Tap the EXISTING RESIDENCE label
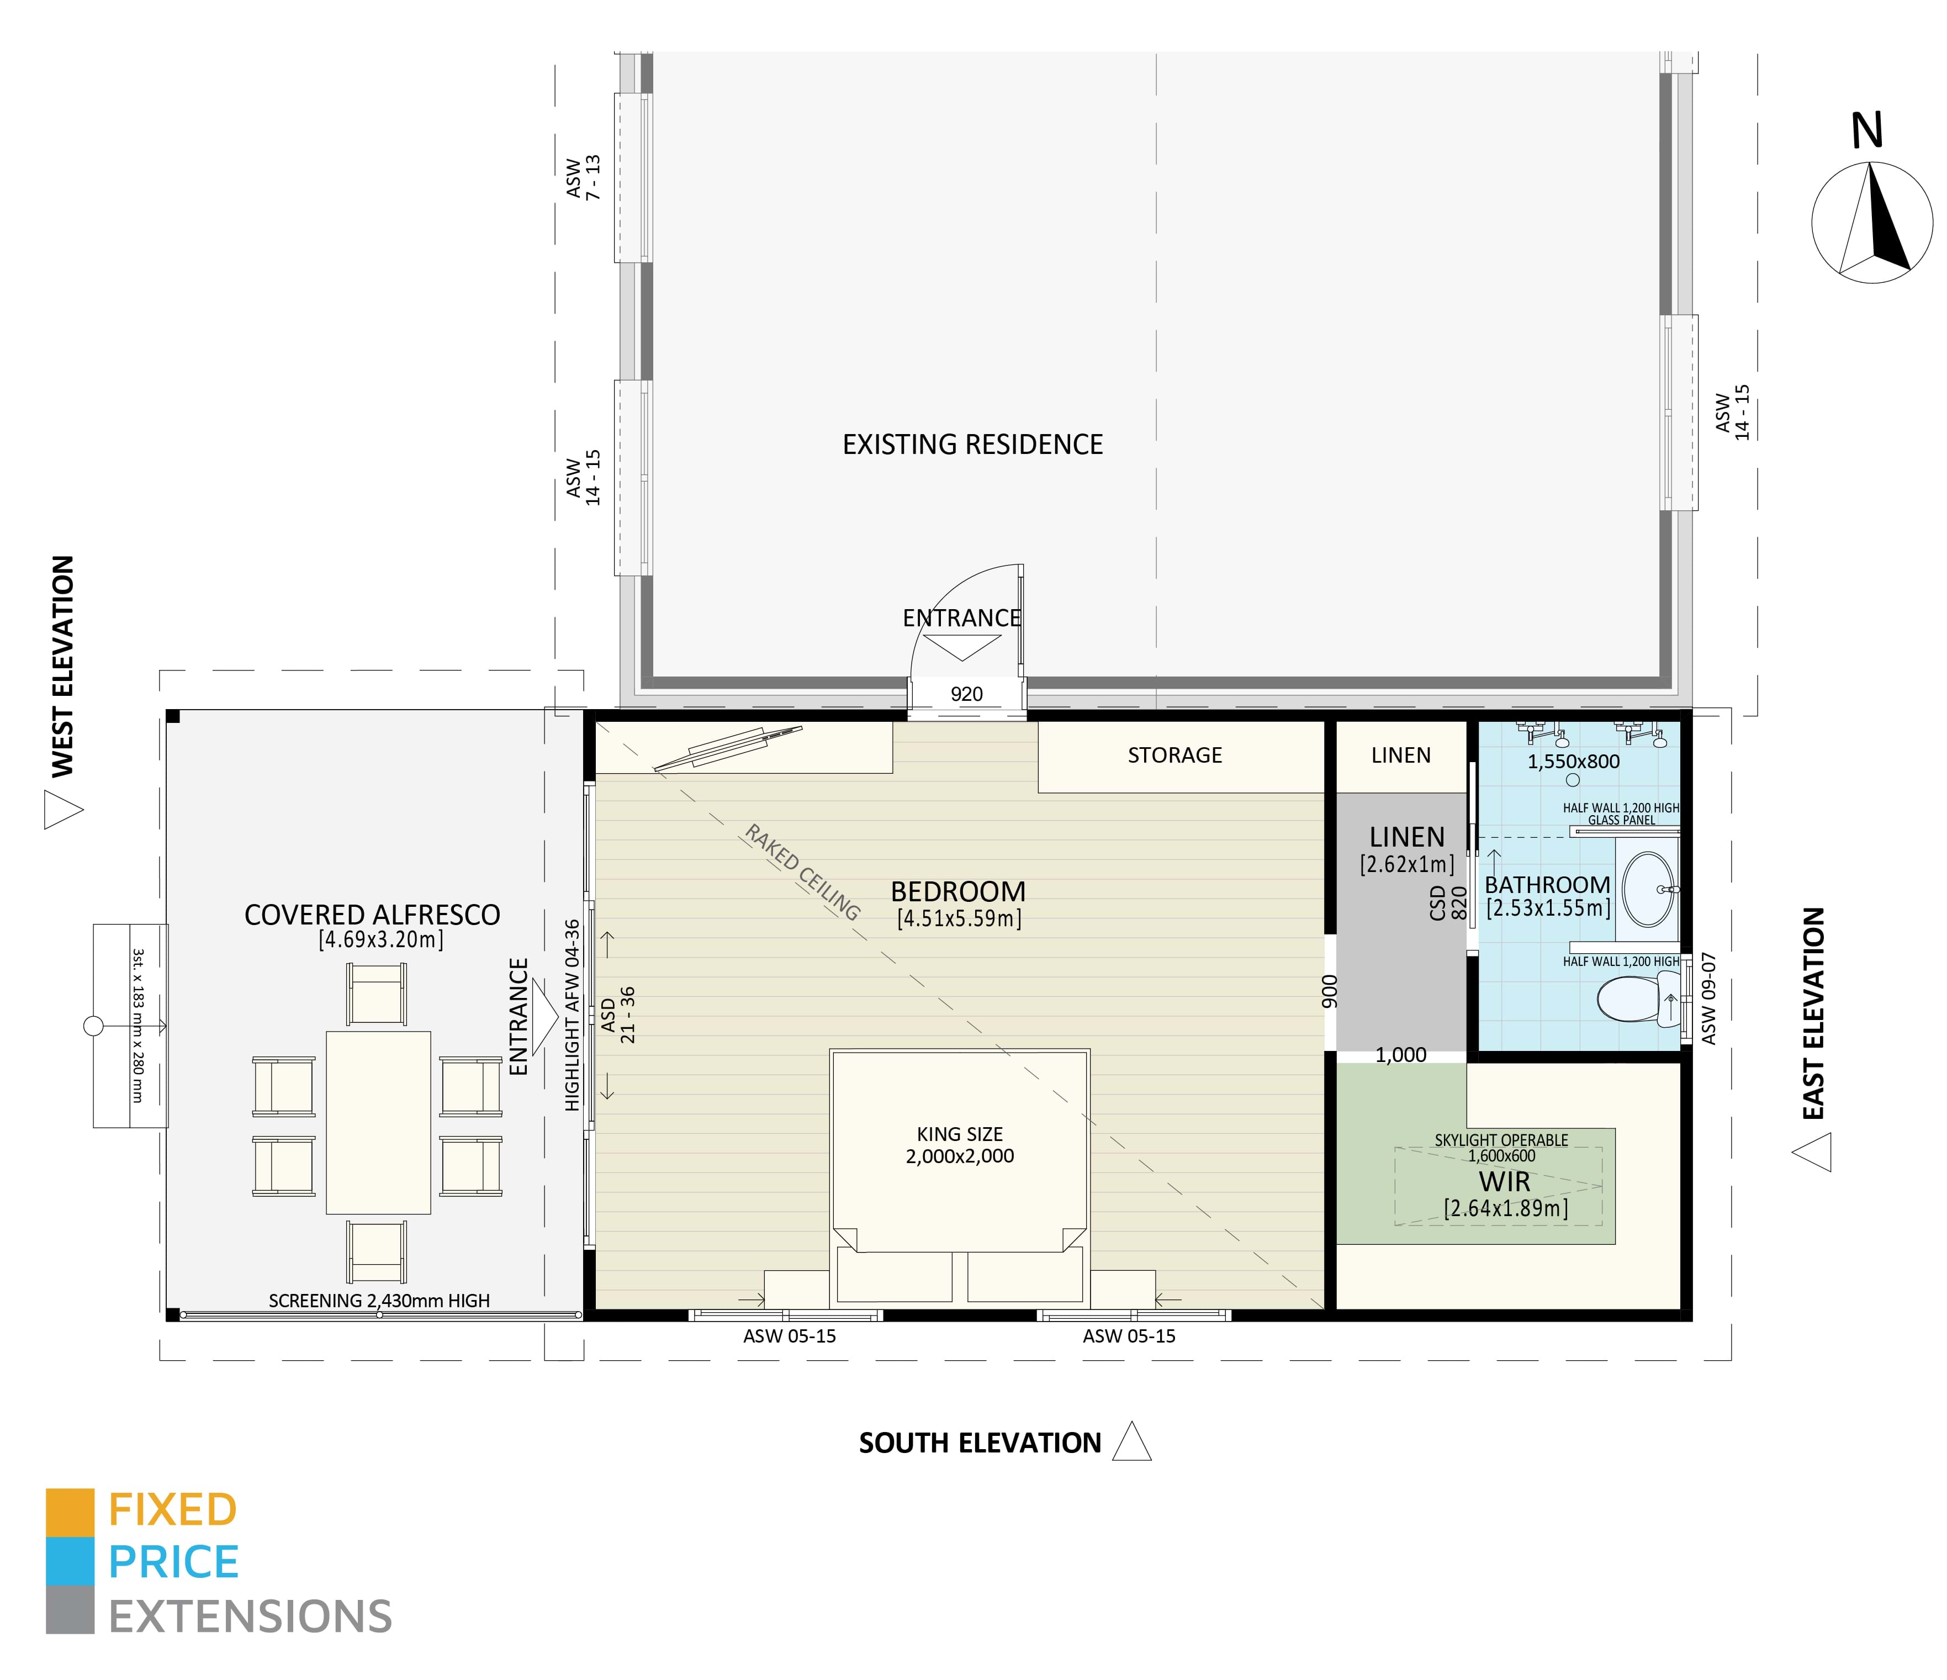(x=972, y=445)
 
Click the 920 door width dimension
(x=966, y=694)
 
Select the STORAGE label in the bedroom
(x=1174, y=756)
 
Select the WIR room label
(x=1504, y=1182)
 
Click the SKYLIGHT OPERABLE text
(x=1501, y=1140)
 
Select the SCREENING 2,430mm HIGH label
(x=379, y=1301)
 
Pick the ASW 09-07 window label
(x=1708, y=998)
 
